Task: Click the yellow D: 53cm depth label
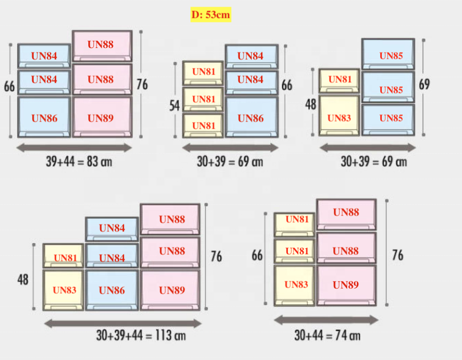tap(211, 15)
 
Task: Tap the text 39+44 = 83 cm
tap(79, 162)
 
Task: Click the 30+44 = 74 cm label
tap(327, 335)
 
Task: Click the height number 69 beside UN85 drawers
tap(424, 84)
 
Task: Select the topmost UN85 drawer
tap(388, 54)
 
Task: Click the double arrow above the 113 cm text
tap(123, 323)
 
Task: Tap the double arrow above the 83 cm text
tap(75, 148)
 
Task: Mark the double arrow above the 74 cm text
tap(326, 320)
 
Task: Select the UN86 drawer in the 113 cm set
tap(112, 290)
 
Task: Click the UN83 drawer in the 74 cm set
tap(295, 285)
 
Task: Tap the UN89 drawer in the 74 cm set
tap(346, 284)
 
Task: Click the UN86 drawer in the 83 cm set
tap(44, 117)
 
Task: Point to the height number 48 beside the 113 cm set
tap(23, 280)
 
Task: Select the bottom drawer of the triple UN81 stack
tap(203, 126)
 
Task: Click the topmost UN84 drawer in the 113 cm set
tap(112, 228)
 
